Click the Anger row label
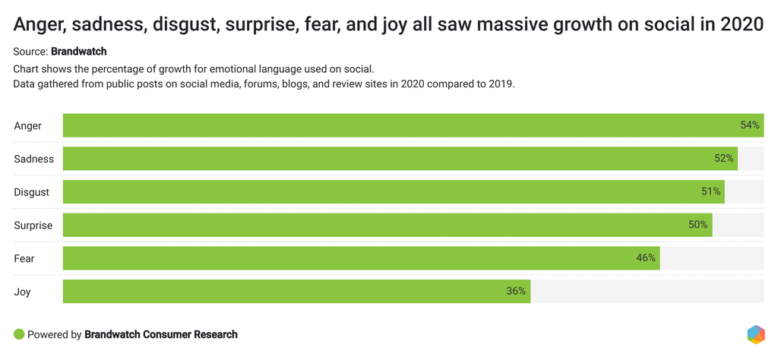(28, 125)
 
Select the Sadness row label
(34, 159)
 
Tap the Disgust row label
(32, 192)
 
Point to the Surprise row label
(33, 226)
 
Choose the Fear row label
(24, 258)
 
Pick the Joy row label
(23, 292)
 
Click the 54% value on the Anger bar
(750, 125)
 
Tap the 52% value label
(724, 159)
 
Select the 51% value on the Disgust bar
(710, 191)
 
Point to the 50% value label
(698, 225)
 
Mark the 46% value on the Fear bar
(646, 258)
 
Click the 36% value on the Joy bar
(516, 291)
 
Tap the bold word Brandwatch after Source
(79, 52)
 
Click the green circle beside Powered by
(19, 334)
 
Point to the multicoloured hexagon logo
(755, 334)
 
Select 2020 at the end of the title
(742, 25)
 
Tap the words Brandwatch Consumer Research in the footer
(161, 334)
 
